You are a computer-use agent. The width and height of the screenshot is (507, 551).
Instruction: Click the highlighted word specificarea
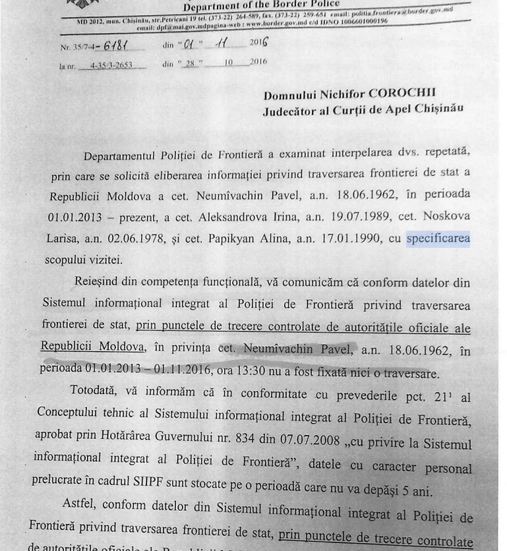pyautogui.click(x=438, y=239)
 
